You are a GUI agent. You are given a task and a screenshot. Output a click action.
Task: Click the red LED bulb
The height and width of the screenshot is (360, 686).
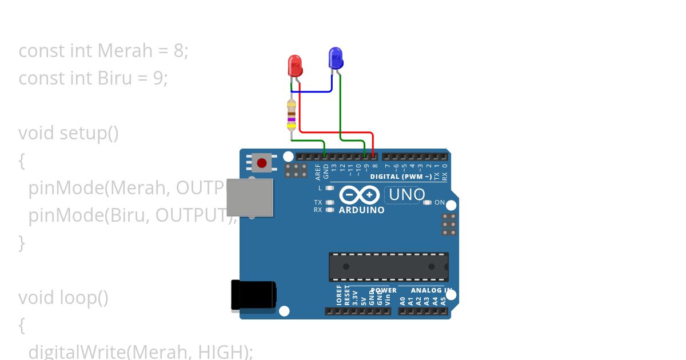coord(294,65)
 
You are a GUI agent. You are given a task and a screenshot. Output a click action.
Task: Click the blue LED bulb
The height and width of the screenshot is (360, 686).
coord(336,58)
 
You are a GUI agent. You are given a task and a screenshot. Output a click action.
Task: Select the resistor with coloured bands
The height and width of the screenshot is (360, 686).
coord(292,114)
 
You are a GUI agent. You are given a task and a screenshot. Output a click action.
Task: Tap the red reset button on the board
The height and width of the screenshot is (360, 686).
coord(262,163)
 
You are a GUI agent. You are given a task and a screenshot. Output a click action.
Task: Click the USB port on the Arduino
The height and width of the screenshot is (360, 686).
coord(250,198)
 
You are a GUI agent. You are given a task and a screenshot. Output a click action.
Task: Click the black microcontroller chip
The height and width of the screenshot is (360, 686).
coord(388,266)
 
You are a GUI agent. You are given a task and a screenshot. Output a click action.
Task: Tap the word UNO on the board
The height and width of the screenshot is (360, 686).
coord(406,195)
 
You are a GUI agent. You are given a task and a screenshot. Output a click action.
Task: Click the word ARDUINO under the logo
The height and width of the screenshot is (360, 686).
coord(361,210)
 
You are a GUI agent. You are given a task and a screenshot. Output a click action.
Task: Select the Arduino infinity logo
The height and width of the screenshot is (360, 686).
coord(359,195)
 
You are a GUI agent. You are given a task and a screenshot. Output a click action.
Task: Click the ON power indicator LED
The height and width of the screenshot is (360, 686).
coord(427,202)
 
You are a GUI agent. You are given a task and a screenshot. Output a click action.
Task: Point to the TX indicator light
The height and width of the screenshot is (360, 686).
coord(330,202)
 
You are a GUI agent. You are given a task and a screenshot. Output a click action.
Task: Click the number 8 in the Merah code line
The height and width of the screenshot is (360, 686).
coord(180,51)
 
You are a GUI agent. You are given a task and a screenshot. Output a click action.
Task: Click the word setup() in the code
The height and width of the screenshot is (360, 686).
coord(89,133)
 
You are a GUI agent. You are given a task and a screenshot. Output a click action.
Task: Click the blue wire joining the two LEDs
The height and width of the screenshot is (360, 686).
coord(312,91)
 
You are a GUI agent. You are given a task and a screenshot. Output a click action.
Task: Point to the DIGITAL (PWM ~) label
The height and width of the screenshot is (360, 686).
coord(401,177)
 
